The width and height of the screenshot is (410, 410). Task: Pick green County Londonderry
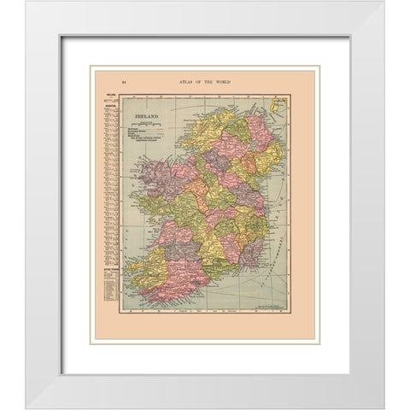click(237, 128)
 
